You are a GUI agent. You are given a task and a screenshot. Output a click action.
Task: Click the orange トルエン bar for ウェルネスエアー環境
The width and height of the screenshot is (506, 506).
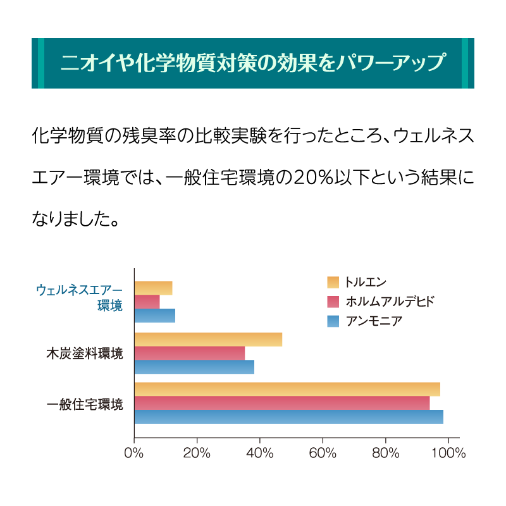pyautogui.click(x=153, y=288)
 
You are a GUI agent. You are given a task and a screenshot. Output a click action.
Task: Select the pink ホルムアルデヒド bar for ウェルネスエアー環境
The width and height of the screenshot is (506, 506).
pyautogui.click(x=147, y=302)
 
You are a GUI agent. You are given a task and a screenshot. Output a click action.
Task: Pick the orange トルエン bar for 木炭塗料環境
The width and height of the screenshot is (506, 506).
pyautogui.click(x=208, y=339)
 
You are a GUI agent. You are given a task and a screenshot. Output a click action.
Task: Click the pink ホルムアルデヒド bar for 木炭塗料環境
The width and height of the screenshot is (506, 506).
pyautogui.click(x=189, y=353)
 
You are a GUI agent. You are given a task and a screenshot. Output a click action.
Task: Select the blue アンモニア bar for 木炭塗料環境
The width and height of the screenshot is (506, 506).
pyautogui.click(x=194, y=367)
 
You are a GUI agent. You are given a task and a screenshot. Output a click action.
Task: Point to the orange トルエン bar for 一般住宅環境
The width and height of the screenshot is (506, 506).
pyautogui.click(x=287, y=389)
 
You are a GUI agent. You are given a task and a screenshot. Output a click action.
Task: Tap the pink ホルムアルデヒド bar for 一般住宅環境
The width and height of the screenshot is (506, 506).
pyautogui.click(x=282, y=403)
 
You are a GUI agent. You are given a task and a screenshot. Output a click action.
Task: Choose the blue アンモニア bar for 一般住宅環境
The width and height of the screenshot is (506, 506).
pyautogui.click(x=288, y=417)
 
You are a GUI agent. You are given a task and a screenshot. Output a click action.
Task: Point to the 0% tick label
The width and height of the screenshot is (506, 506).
pyautogui.click(x=134, y=453)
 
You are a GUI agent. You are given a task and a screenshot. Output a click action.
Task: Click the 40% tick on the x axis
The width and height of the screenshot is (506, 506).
pyautogui.click(x=260, y=453)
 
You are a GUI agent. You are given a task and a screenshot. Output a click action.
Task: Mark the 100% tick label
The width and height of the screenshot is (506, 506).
pyautogui.click(x=448, y=453)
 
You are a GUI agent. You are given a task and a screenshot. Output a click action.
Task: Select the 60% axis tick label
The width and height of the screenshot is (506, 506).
pyautogui.click(x=323, y=453)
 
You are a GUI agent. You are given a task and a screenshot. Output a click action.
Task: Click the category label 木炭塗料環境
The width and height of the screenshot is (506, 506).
pyautogui.click(x=84, y=353)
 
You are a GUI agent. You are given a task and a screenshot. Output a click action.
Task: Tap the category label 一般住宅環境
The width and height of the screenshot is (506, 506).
pyautogui.click(x=84, y=403)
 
